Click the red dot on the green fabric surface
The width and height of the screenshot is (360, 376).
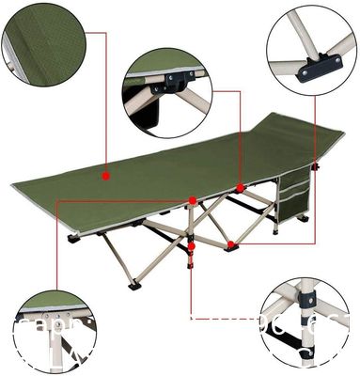pyautogui.click(x=107, y=175)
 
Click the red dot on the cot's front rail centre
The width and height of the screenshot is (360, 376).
pyautogui.click(x=192, y=200)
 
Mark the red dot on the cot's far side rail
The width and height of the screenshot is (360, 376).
pyautogui.click(x=241, y=186)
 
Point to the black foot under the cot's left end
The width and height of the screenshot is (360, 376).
pyautogui.click(x=74, y=239)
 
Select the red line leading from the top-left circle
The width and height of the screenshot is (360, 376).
pyautogui.click(x=94, y=103)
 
